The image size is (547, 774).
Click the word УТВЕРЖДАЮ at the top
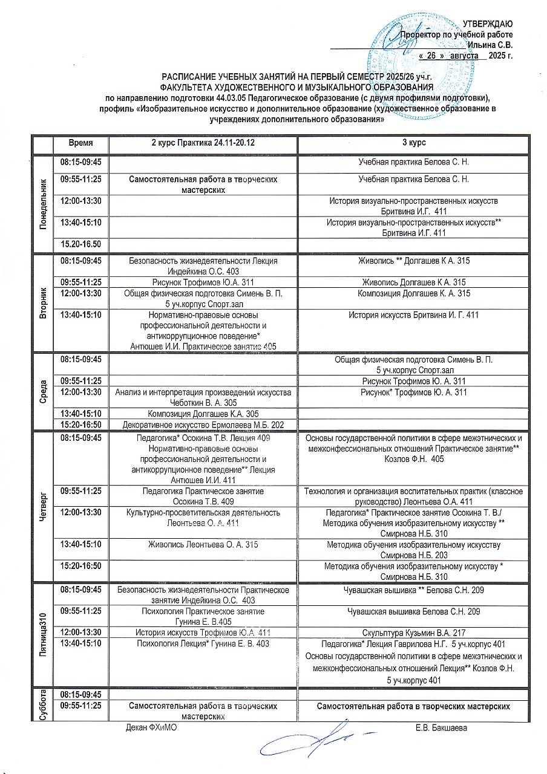point(488,24)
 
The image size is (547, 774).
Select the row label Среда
point(42,391)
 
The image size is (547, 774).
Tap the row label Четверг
point(42,507)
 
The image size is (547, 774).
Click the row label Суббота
point(42,704)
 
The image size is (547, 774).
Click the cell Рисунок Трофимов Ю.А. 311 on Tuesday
point(203,282)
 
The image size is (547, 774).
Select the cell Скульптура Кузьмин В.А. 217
point(414,633)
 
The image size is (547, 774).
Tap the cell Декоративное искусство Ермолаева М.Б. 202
point(203,425)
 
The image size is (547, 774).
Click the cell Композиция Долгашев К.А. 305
point(203,414)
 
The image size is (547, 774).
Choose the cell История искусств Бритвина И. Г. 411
point(414,314)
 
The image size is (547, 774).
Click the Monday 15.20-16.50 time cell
point(80,244)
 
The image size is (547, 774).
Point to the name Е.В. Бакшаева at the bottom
point(441,727)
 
